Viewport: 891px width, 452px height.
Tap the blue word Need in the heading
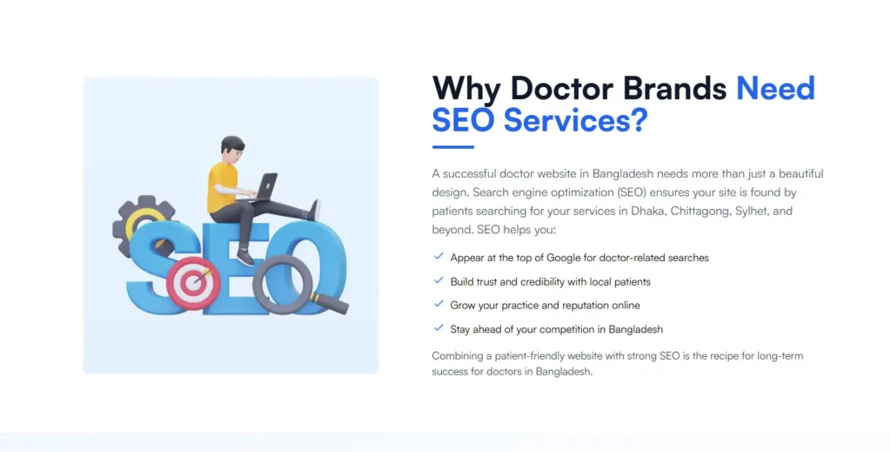(775, 89)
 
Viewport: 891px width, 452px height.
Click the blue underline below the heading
(452, 147)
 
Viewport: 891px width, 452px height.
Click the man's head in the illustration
(232, 149)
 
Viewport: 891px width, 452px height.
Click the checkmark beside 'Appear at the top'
(439, 257)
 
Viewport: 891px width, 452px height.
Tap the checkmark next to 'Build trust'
(439, 281)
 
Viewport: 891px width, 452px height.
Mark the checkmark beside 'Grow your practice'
(439, 305)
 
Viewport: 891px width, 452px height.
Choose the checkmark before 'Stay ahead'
(439, 328)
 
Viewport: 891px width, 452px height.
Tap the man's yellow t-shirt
(221, 186)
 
